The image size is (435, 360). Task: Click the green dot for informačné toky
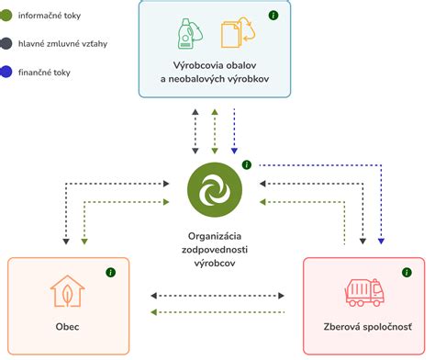pyautogui.click(x=7, y=15)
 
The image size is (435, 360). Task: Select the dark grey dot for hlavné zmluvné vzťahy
pyautogui.click(x=7, y=42)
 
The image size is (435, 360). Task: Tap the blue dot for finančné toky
pyautogui.click(x=7, y=71)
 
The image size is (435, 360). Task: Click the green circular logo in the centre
pyautogui.click(x=214, y=188)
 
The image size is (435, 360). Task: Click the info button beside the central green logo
pyautogui.click(x=247, y=164)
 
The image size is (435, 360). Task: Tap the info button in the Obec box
pyautogui.click(x=111, y=273)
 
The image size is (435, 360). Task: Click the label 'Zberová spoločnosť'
pyautogui.click(x=367, y=328)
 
